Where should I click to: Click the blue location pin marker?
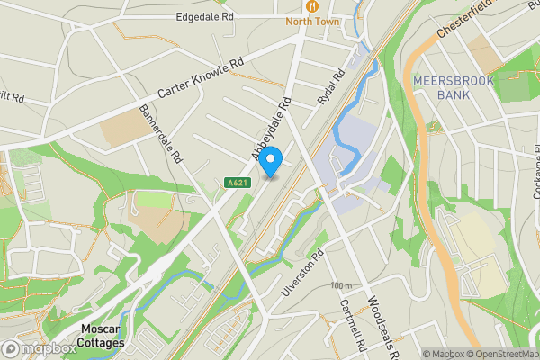(x=271, y=159)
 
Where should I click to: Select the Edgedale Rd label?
(x=205, y=16)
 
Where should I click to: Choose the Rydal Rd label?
(x=332, y=88)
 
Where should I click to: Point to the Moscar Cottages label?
(x=100, y=335)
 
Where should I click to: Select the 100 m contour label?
(x=341, y=285)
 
